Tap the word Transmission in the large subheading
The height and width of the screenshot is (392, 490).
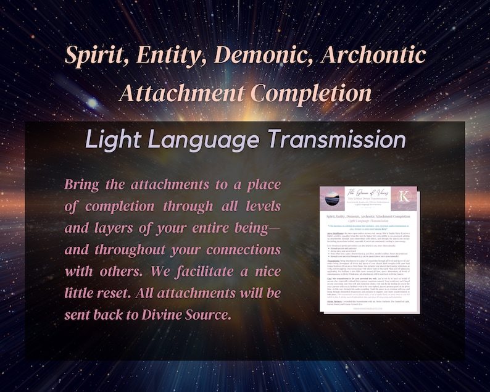334,140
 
